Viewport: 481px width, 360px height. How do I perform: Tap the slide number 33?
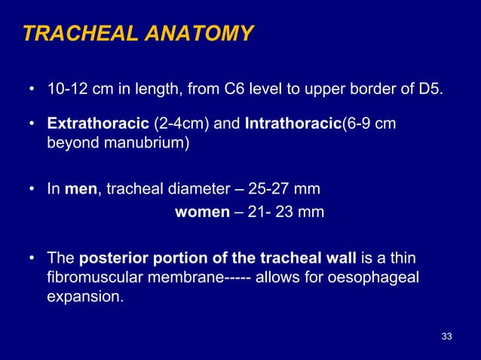coord(447,335)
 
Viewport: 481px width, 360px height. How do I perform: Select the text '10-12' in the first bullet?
coord(65,92)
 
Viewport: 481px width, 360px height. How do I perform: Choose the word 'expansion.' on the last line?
coord(84,297)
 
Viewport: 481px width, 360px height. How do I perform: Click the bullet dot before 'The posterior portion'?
coord(32,259)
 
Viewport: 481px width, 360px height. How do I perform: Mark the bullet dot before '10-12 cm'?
coord(32,92)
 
